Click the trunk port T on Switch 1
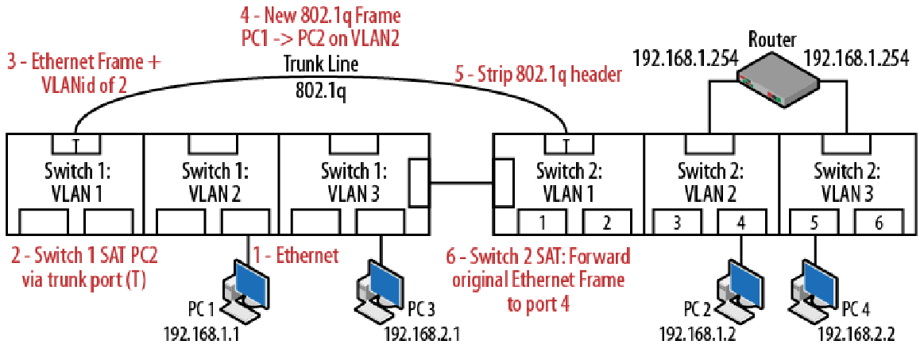pyautogui.click(x=75, y=144)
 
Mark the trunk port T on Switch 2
pyautogui.click(x=566, y=144)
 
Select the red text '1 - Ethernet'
pyautogui.click(x=296, y=256)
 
